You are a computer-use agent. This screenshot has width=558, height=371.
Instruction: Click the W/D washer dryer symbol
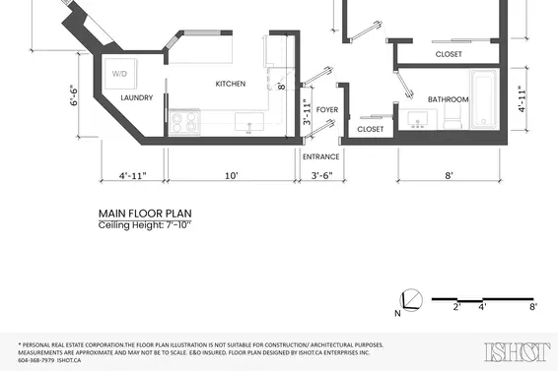[119, 75]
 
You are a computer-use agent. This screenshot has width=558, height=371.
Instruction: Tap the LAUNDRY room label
[136, 98]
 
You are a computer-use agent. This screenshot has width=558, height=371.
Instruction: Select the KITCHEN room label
[230, 84]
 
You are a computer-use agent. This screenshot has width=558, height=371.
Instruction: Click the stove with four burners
[184, 122]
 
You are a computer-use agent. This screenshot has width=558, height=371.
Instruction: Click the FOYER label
[327, 109]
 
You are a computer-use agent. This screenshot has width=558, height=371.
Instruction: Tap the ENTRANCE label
[320, 156]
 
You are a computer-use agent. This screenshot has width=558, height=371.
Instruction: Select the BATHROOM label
[448, 99]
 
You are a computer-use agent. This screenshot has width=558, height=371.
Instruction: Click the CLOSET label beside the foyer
[370, 129]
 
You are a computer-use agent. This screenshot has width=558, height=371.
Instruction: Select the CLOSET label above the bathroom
[448, 54]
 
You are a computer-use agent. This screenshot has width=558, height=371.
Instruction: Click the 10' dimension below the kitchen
[231, 176]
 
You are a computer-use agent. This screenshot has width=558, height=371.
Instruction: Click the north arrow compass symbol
[410, 301]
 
